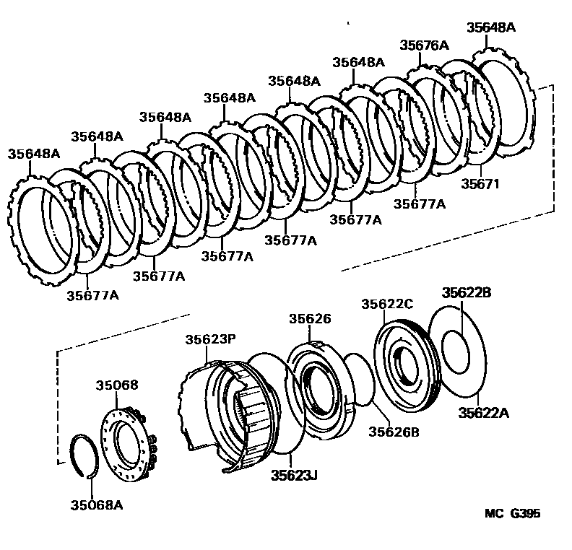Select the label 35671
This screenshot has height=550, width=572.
480,184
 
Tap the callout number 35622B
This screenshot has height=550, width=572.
467,292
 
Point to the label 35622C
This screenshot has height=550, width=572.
387,304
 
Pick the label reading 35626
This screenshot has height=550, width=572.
311,318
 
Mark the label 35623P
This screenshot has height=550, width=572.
209,339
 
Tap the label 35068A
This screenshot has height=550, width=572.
95,505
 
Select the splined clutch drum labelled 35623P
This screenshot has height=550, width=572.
231,411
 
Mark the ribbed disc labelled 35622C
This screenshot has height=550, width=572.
404,361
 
